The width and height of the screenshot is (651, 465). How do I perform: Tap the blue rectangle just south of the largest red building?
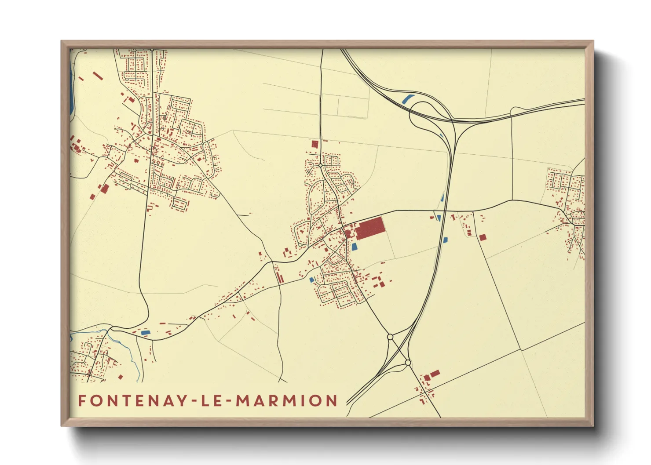(x=354, y=247)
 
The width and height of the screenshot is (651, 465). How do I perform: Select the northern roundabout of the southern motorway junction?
(x=390, y=337)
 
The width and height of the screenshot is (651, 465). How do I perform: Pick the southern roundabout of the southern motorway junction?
(x=408, y=363)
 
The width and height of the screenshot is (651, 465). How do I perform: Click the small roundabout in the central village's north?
(x=321, y=166)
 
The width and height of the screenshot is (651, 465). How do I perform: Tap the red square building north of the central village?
(x=315, y=144)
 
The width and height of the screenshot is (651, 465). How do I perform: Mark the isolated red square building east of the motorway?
(x=483, y=237)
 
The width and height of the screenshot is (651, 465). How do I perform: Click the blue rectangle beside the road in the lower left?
(x=145, y=333)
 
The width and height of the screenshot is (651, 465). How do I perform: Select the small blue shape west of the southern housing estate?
(x=312, y=280)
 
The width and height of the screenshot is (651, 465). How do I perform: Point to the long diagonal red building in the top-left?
(x=98, y=76)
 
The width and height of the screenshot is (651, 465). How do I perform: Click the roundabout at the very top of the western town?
(x=152, y=50)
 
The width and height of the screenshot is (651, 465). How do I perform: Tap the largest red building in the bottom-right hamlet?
(x=435, y=374)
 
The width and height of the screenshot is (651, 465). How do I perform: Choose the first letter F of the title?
(x=82, y=400)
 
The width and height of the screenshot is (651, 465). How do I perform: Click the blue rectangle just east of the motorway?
(x=445, y=240)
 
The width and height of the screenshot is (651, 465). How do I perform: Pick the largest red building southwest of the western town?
(x=105, y=189)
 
